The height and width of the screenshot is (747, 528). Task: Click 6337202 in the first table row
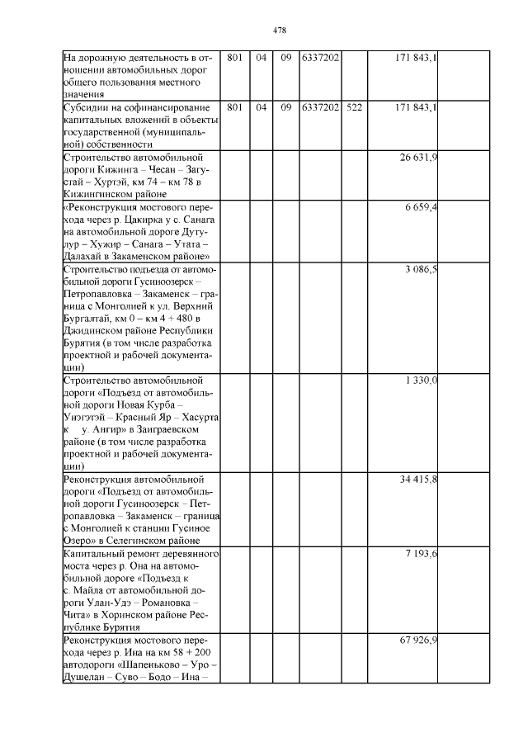point(321,58)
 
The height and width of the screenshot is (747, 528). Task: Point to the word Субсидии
point(87,107)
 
